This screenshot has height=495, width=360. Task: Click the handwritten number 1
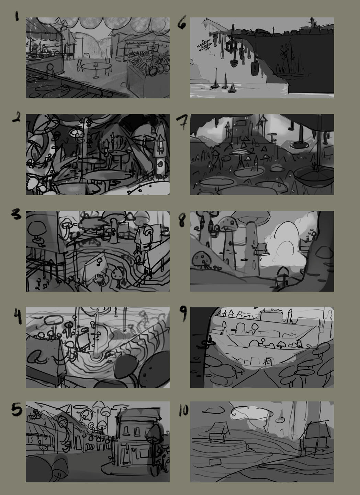[x=17, y=16]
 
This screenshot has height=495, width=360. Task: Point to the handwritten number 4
[x=18, y=316]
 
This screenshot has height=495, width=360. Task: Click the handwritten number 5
[x=17, y=409]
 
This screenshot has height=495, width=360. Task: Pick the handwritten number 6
[x=182, y=22]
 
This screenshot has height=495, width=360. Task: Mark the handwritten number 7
[x=182, y=122]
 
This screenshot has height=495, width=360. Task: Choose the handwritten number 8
[x=182, y=220]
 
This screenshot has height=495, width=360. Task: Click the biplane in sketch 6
[x=204, y=45]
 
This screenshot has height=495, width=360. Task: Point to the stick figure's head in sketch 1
[x=50, y=67]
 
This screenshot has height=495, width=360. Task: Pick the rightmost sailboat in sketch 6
[x=232, y=88]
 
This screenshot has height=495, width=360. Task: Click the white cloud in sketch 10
[x=252, y=413]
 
